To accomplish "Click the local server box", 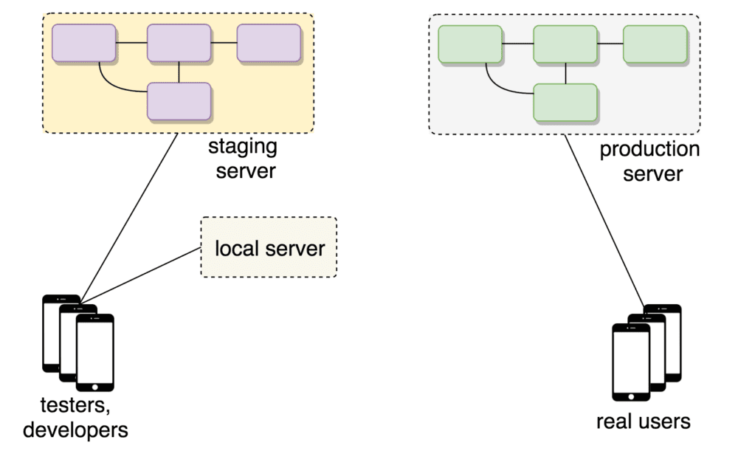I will pos(269,247).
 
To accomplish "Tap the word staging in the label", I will pos(243,146).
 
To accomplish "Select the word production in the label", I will pos(649,150).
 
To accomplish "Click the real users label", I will pos(643,421).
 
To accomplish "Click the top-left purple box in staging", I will pos(83,42).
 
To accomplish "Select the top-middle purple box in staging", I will pos(179,42).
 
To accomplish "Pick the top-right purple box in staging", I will pos(268,42).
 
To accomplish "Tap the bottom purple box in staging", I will pos(179,101).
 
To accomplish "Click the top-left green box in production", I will pos(470,44).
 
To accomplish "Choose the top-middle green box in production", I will pos(565,44).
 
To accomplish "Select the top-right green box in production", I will pos(655,44).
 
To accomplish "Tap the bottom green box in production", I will pos(565,103).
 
